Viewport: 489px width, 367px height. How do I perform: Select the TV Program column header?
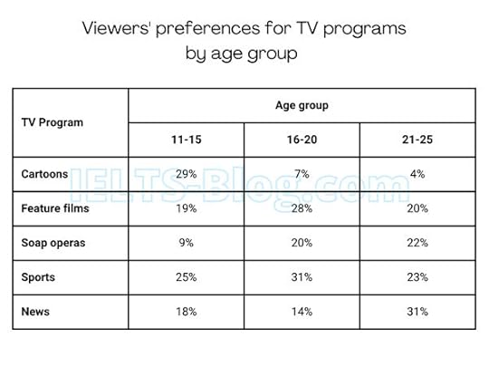coord(52,122)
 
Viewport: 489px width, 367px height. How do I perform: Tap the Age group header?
coord(302,105)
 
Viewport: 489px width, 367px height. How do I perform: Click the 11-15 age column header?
coord(186,140)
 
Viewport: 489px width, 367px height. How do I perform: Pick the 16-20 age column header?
coord(302,140)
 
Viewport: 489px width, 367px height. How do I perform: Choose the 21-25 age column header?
coord(417,140)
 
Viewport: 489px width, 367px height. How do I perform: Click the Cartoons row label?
coord(44,172)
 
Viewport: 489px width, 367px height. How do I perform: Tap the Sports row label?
coord(38,277)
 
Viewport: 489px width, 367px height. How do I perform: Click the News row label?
coord(34,312)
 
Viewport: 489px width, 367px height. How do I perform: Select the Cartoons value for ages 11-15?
coord(186,172)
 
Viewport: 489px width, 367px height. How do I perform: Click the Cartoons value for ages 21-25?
coord(417,172)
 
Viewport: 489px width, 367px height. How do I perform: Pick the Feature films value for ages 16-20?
coord(302,208)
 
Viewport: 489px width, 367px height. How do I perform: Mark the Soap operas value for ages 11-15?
coord(186,243)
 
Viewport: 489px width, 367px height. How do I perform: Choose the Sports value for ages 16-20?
coord(302,277)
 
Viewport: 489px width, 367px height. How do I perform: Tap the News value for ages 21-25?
coord(417,312)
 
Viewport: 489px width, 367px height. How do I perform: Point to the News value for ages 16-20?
coord(302,312)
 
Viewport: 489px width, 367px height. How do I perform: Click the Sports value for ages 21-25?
coord(417,277)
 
